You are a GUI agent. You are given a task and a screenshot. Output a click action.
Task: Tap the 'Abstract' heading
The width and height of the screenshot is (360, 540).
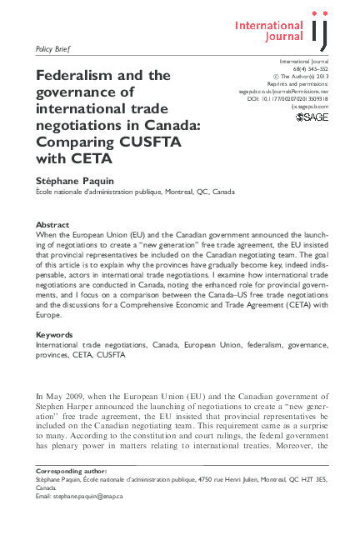(52, 225)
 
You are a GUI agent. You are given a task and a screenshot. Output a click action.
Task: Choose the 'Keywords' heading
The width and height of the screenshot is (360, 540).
(55, 335)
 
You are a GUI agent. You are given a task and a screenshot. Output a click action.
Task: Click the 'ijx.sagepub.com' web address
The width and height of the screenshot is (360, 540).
(310, 107)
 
